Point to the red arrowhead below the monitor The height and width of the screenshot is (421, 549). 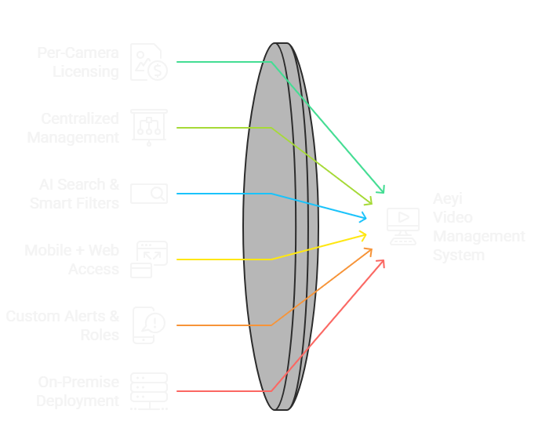pos(382,262)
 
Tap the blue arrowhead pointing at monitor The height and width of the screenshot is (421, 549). pos(363,216)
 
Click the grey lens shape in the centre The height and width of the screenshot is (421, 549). pos(274,227)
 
